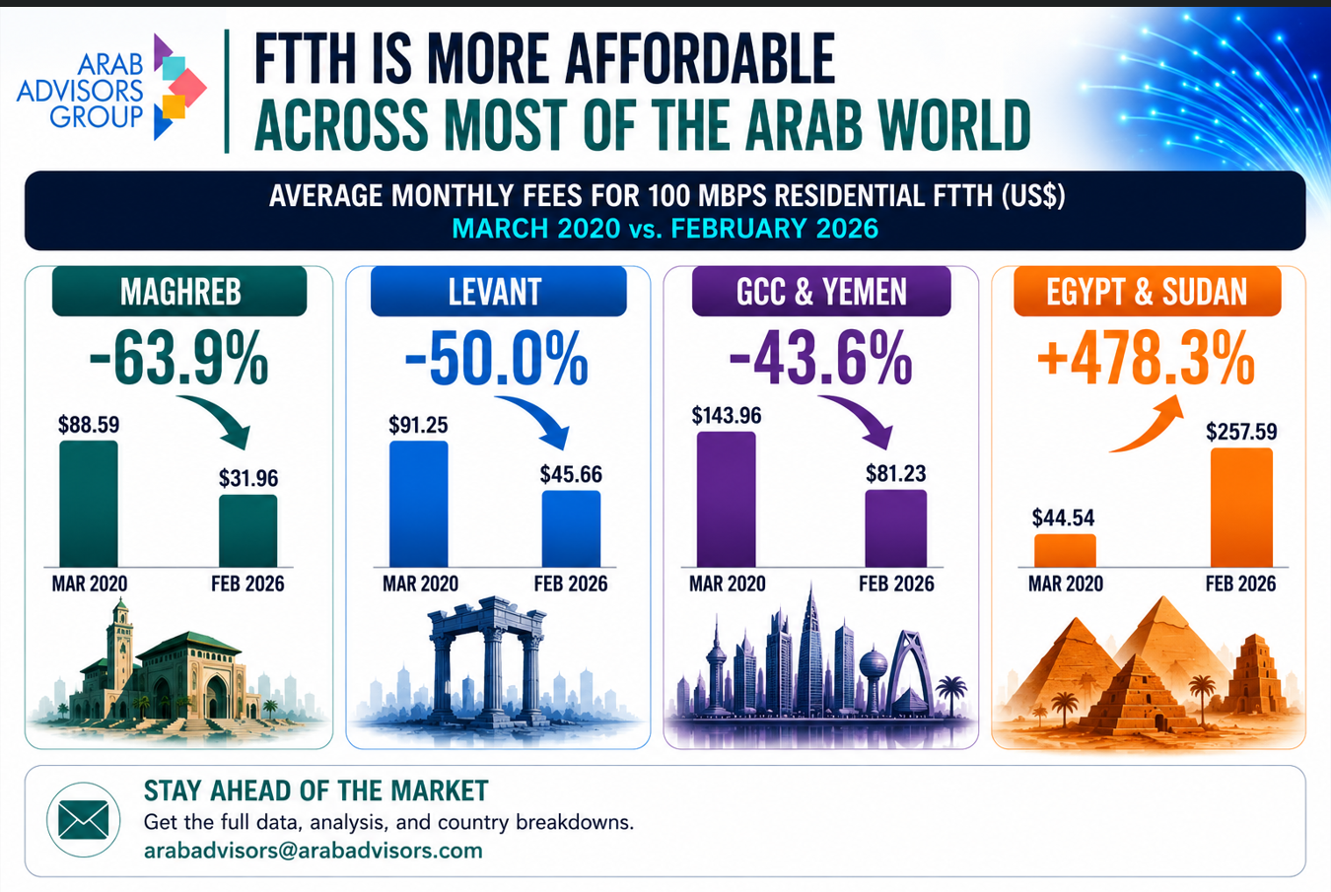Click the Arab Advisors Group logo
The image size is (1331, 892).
(x=111, y=88)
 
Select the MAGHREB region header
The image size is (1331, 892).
(x=179, y=291)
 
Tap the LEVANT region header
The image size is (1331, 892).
(x=499, y=291)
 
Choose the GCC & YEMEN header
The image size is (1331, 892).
(x=821, y=291)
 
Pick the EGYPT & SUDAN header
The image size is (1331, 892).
(x=1147, y=291)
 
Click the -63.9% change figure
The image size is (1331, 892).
(x=178, y=359)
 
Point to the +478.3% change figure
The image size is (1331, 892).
(x=1146, y=359)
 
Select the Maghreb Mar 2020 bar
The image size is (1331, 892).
(x=89, y=504)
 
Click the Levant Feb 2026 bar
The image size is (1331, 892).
(x=571, y=528)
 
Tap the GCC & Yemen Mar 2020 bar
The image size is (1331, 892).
(x=726, y=499)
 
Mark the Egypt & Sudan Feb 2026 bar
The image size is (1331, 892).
(x=1241, y=508)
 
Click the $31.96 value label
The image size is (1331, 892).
(x=248, y=478)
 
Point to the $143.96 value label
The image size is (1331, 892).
(x=726, y=415)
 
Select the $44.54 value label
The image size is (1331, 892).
(x=1063, y=517)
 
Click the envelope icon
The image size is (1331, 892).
(x=84, y=819)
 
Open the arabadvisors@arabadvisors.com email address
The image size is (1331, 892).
(x=314, y=851)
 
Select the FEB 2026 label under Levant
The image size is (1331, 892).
(x=571, y=583)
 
